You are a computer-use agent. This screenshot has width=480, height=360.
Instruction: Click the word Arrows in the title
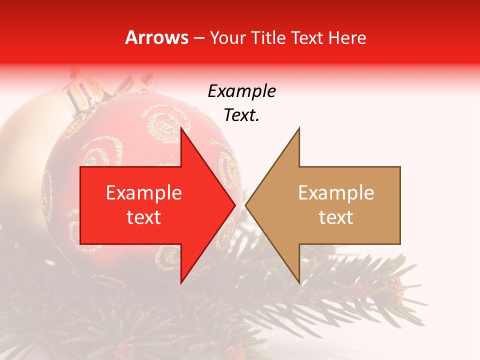156,38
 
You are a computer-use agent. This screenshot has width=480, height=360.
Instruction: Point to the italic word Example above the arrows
241,91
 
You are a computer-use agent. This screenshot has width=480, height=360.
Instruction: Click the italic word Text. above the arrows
241,115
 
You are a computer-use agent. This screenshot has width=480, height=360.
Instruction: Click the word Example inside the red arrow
144,193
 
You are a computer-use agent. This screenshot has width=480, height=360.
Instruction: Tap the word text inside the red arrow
144,217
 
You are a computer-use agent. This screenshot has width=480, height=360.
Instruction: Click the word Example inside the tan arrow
336,193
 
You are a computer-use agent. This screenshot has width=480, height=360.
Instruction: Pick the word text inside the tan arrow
336,217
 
